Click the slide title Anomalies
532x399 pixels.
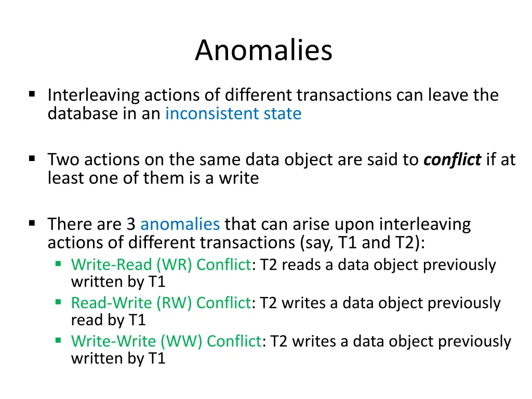pos(263,51)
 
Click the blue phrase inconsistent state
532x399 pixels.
pos(233,113)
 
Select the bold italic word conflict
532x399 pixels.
pos(452,159)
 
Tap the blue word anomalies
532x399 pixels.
pos(180,224)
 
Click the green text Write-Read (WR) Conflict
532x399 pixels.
pos(161,264)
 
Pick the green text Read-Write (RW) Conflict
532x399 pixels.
pos(161,302)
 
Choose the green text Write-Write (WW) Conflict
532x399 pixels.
pos(166,341)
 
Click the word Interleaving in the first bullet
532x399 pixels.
pos(94,95)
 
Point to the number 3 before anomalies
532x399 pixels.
pos(131,224)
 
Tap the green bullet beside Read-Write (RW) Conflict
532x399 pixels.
pos(58,301)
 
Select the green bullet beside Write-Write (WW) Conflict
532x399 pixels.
pos(58,340)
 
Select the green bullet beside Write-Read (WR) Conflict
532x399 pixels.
pos(58,263)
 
